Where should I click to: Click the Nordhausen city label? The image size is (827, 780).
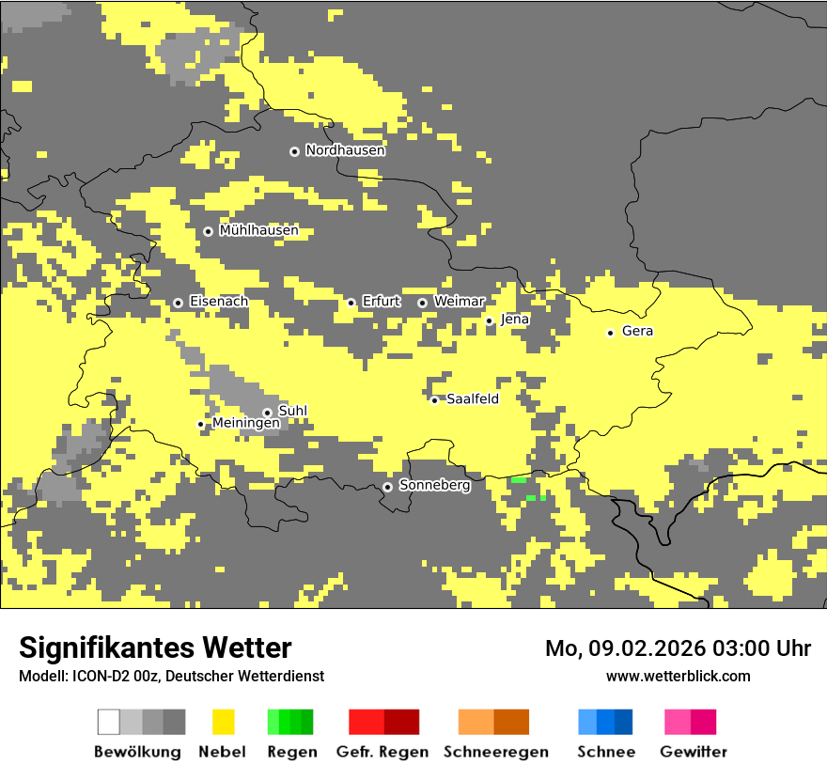[345, 150]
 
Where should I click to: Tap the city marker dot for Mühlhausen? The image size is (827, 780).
[208, 231]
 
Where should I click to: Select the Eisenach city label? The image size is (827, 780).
[219, 302]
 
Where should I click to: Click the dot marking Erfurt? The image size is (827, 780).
[351, 303]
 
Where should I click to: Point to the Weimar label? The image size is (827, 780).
[459, 302]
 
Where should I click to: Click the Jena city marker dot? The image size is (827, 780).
[489, 320]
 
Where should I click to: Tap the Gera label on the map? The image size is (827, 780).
[637, 331]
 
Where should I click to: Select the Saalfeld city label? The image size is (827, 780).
[472, 399]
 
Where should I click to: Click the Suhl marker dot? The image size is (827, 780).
[267, 413]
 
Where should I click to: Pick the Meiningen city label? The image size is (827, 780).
[245, 424]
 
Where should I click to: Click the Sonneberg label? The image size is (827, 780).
[434, 486]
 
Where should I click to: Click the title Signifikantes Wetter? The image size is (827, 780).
[155, 648]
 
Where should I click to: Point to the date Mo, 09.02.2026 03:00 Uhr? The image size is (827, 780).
[678, 648]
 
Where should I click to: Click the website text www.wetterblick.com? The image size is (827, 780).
[678, 677]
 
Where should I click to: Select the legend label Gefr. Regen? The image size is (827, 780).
[382, 752]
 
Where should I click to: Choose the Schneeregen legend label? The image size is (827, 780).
[495, 752]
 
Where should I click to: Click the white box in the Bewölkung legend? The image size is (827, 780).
[108, 722]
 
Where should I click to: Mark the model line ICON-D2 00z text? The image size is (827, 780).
[171, 677]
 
